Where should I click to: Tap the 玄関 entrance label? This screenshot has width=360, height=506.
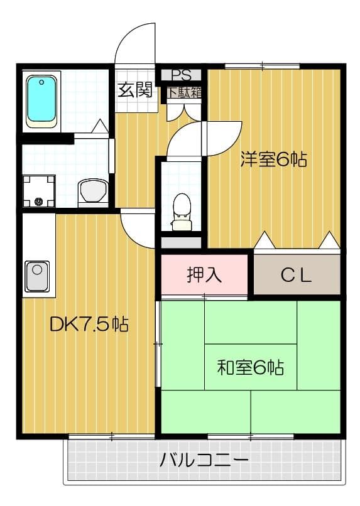(134, 90)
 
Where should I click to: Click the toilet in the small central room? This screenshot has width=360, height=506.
(182, 207)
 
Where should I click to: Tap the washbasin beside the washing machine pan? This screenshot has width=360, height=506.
(93, 191)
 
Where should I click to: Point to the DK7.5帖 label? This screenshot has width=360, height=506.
(89, 324)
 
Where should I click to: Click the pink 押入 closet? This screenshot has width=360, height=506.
(205, 274)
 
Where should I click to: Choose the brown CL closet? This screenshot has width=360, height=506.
(296, 275)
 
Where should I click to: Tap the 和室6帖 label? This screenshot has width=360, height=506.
(250, 367)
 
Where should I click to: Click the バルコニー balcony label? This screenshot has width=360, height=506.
(204, 460)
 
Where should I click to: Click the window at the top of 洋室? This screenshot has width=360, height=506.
(263, 65)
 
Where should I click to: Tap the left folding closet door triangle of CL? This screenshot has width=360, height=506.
(265, 240)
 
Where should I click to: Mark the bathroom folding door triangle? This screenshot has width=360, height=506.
(99, 127)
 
